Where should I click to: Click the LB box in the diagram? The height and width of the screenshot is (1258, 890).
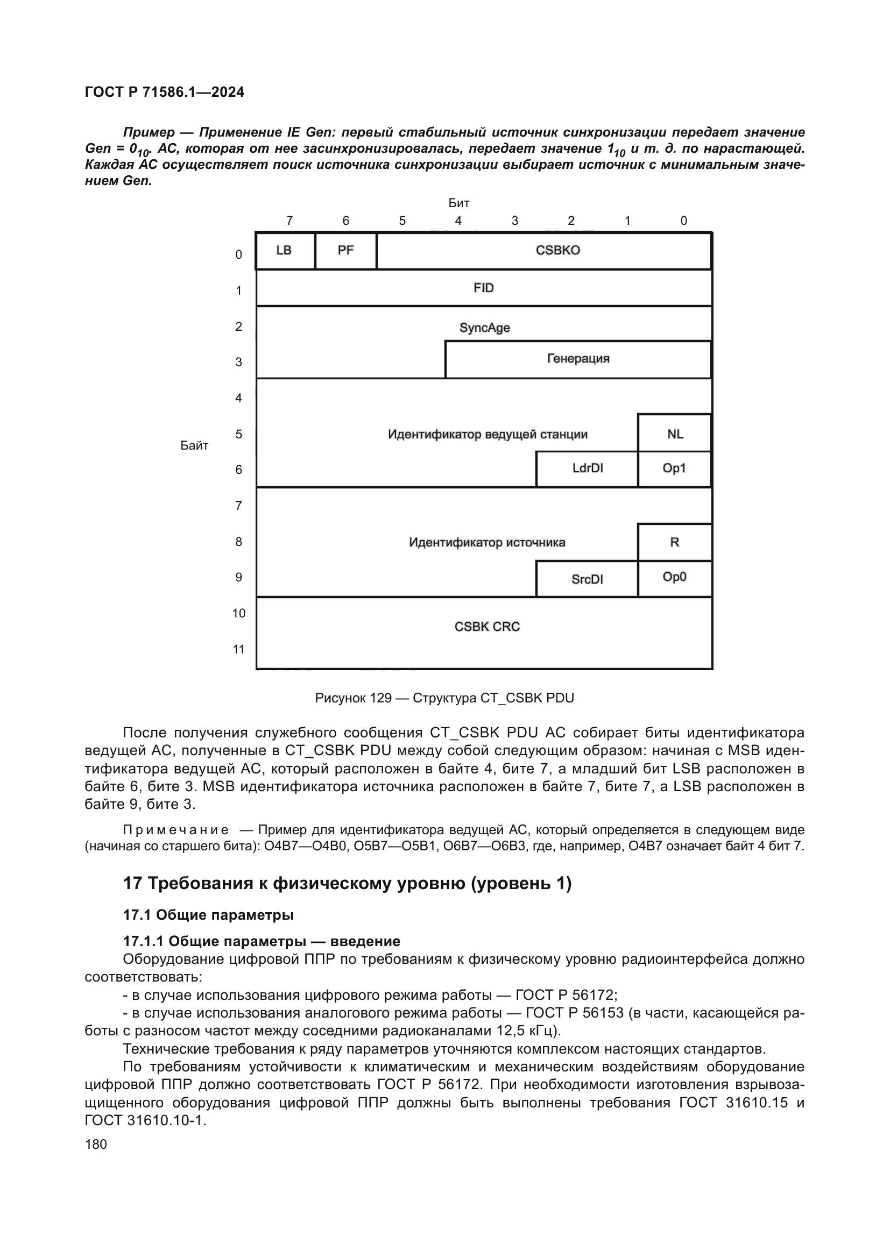[x=285, y=251]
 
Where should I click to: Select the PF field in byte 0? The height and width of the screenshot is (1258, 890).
[x=346, y=251]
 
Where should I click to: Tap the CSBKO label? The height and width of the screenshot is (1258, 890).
[x=557, y=251]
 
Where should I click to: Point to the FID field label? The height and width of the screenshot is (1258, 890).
[x=483, y=288]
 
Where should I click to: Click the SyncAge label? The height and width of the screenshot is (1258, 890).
[x=484, y=328]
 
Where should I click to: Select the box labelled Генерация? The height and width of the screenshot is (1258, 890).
[x=578, y=359]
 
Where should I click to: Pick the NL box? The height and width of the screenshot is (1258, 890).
[x=675, y=434]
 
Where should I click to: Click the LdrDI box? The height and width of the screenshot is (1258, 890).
[x=588, y=469]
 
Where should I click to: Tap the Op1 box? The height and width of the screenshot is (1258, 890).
[x=675, y=469]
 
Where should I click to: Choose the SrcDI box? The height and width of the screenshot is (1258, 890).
[x=587, y=579]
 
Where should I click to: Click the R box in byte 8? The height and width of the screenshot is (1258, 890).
[x=675, y=543]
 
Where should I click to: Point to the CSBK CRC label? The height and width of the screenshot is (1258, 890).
[x=486, y=627]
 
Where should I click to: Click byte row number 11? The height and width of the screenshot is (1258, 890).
[x=238, y=650]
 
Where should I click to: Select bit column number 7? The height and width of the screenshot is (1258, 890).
[x=289, y=221]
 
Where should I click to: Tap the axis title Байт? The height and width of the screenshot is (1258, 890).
[x=194, y=446]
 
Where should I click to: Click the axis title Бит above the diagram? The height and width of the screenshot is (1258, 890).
[x=458, y=203]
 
